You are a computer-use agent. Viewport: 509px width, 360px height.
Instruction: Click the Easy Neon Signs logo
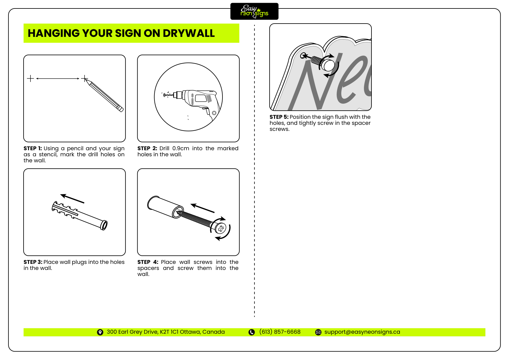tap(254, 11)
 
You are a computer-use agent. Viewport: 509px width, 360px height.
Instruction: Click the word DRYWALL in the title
tap(189, 33)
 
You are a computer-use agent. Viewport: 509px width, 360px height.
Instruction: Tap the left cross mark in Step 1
tap(31, 79)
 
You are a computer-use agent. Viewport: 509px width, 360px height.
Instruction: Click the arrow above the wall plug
tap(72, 199)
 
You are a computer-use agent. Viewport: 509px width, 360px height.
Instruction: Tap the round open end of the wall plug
tap(104, 225)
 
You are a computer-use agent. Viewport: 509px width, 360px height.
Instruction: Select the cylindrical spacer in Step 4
tap(165, 206)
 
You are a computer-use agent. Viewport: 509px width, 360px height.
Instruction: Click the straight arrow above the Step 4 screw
tap(203, 208)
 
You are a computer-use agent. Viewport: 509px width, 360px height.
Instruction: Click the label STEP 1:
tap(33, 148)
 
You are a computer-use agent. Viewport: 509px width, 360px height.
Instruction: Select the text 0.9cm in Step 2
tap(180, 148)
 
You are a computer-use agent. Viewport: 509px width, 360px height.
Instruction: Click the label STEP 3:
tap(33, 262)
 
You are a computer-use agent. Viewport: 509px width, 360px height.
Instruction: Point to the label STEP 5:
tap(279, 117)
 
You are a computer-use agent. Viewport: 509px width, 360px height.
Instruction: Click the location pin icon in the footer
tap(100, 332)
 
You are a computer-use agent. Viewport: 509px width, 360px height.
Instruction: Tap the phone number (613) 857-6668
tap(280, 332)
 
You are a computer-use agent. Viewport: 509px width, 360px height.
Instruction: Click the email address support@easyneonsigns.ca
tap(362, 332)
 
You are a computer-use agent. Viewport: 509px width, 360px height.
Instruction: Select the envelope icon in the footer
tap(318, 332)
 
